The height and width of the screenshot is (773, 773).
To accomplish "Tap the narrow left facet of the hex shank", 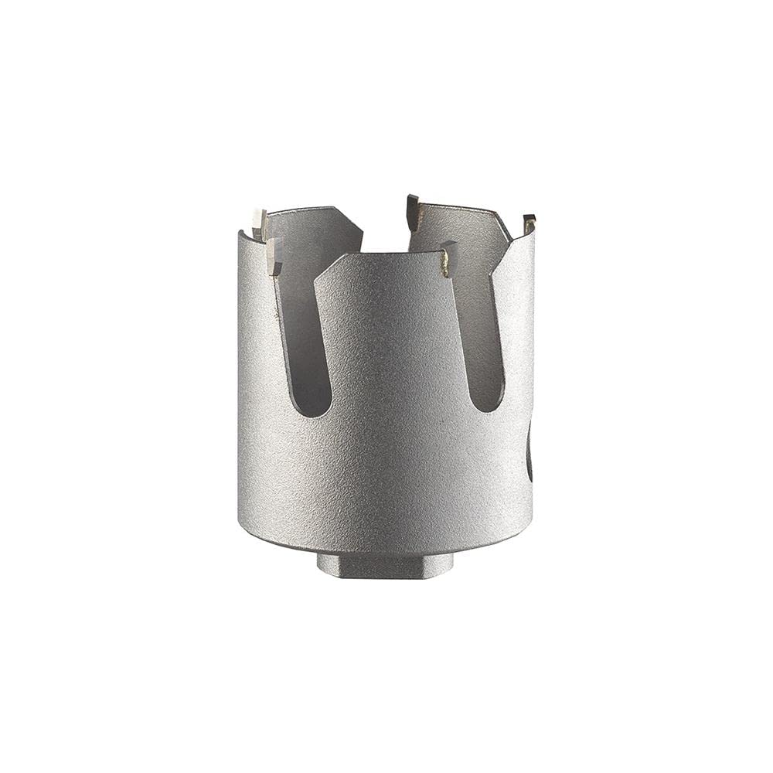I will (325, 564).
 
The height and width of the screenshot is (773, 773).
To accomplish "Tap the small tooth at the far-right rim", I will (529, 223).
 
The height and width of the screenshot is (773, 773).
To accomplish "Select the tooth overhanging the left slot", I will (273, 256).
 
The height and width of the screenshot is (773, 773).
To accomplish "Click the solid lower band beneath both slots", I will (386, 479).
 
